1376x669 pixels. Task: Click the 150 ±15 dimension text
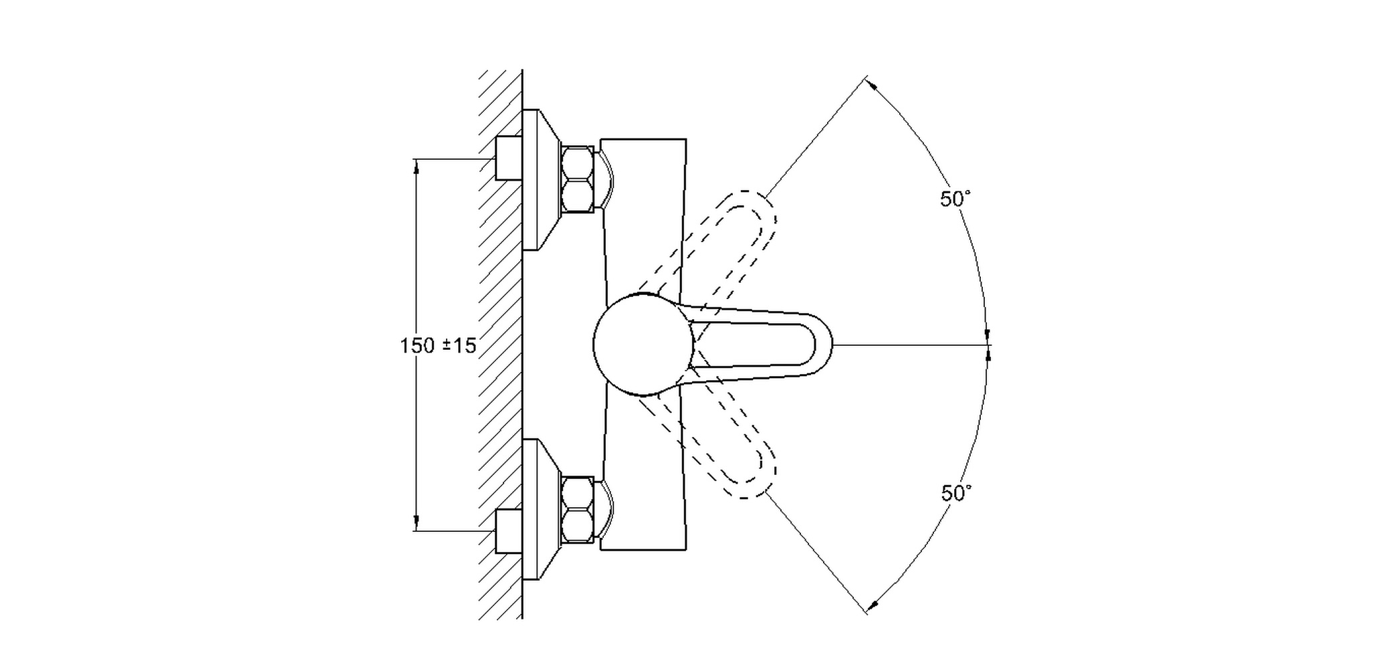pos(438,346)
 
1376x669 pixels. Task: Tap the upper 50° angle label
pos(955,199)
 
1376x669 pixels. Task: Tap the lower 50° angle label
pos(956,493)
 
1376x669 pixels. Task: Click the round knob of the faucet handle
pos(643,344)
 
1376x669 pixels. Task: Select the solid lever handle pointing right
pos(756,345)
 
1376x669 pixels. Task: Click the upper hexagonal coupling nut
pos(578,179)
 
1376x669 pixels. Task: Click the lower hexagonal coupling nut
pos(578,509)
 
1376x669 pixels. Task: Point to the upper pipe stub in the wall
pos(508,158)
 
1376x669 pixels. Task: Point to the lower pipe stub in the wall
pos(508,531)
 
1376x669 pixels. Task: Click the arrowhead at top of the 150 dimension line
pos(417,166)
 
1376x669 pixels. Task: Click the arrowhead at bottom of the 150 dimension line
pos(417,523)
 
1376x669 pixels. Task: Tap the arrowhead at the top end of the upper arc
pos(871,84)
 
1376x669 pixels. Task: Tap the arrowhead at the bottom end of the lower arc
pos(871,606)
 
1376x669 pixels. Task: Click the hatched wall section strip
pos(501,345)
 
